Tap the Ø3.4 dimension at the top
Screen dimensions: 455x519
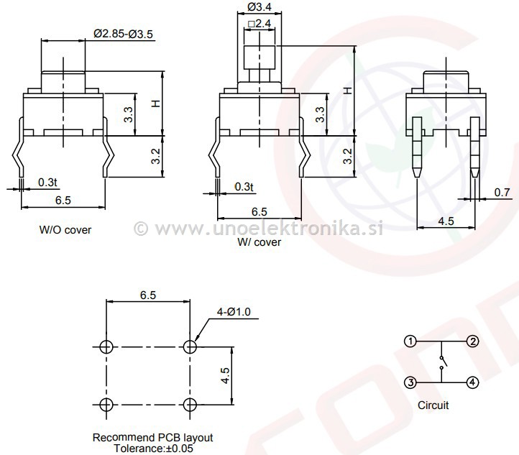click(x=259, y=8)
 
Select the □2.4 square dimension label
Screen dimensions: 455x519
click(x=259, y=24)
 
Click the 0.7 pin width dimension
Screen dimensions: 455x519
click(x=502, y=192)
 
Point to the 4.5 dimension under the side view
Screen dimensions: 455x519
click(x=446, y=221)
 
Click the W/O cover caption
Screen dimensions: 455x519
click(x=65, y=230)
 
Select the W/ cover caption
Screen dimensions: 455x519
click(x=259, y=242)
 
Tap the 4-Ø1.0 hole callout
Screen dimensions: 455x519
click(x=233, y=312)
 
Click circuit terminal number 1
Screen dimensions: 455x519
click(x=410, y=341)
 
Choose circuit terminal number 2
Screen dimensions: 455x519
click(x=472, y=341)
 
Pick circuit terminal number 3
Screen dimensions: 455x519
click(x=410, y=383)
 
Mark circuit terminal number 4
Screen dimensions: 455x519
click(x=472, y=383)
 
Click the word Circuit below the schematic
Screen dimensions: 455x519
click(x=433, y=405)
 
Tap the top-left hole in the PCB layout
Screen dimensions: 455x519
click(x=106, y=347)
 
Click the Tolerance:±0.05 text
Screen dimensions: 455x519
click(x=152, y=448)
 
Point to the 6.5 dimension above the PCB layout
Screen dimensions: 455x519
click(x=148, y=295)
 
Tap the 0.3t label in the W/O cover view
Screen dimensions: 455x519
click(x=47, y=181)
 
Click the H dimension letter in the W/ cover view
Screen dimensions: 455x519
click(x=347, y=91)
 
